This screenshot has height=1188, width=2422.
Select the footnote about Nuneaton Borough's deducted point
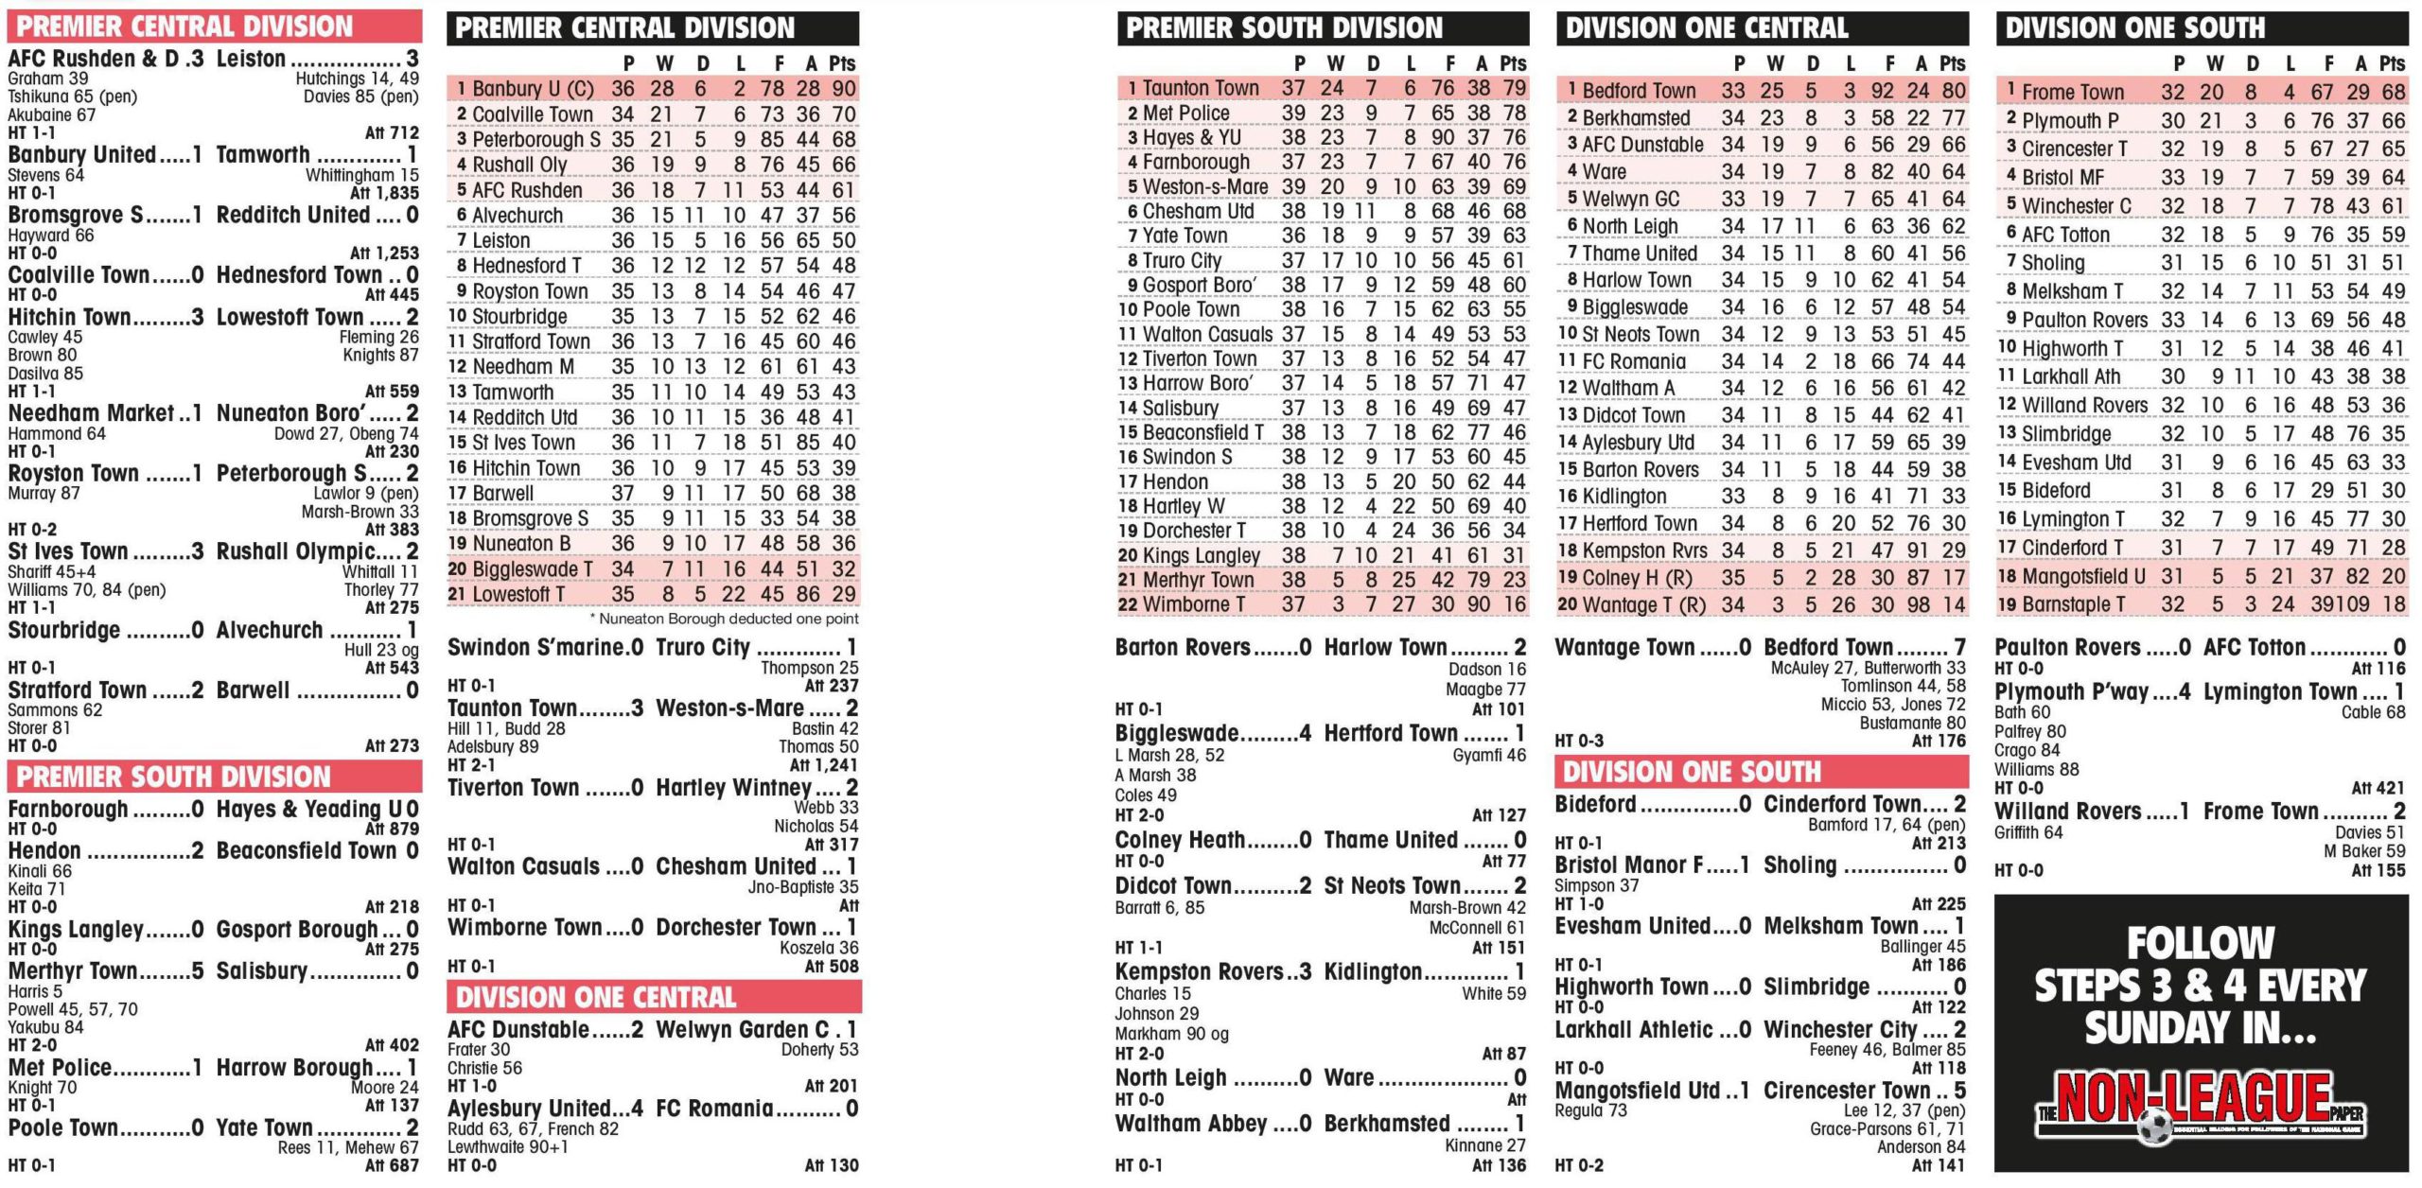click(724, 619)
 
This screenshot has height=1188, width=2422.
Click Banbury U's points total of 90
click(843, 89)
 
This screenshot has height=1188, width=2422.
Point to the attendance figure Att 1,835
click(384, 193)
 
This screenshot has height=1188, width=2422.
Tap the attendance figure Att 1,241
click(823, 765)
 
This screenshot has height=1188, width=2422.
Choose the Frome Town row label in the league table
click(2072, 93)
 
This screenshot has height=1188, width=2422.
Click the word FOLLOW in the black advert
click(2200, 943)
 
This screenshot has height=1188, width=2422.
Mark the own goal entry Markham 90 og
click(1171, 1034)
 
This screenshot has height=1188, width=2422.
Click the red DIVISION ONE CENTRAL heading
click(596, 997)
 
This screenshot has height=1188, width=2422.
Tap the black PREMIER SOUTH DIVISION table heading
click(1284, 28)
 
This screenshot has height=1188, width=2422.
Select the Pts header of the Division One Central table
click(1952, 63)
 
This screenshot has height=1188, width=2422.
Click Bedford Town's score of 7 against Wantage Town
click(1959, 648)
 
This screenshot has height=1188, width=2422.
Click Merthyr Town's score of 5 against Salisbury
click(197, 971)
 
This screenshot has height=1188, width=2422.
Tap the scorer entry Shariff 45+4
click(51, 571)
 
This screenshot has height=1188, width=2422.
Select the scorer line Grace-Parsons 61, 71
click(1887, 1128)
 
